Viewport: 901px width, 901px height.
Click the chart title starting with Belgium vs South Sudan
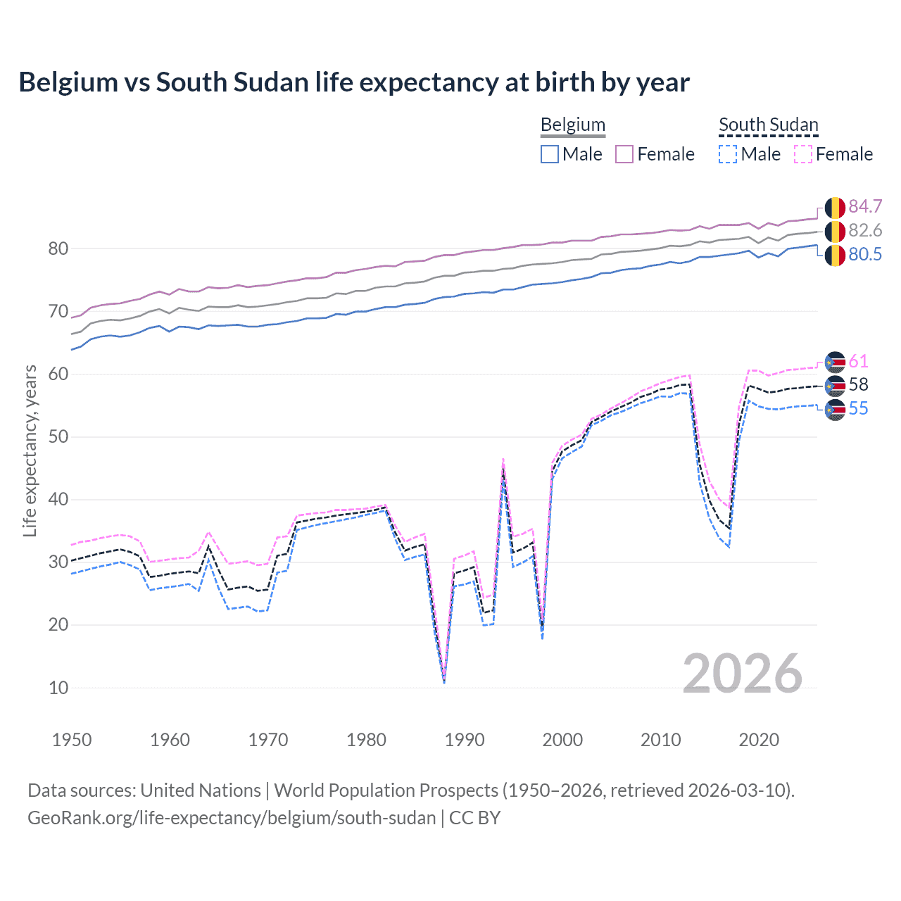tap(354, 82)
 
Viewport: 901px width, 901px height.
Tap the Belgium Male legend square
tap(550, 154)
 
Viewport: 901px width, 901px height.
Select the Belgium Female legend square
tap(624, 154)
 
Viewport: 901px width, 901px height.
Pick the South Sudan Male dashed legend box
tap(728, 154)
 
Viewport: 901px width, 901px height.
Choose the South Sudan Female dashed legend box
tap(803, 154)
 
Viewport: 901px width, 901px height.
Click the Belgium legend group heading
tap(572, 125)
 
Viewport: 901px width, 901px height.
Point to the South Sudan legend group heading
tap(768, 125)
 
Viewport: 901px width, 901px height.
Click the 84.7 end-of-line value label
tap(865, 206)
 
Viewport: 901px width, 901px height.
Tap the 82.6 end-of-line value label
tap(865, 230)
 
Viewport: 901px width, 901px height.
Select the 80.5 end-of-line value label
tap(865, 254)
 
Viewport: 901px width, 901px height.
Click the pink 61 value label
tap(858, 361)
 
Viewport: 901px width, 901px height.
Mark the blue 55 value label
tap(858, 408)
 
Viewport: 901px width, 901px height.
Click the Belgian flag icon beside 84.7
tap(835, 208)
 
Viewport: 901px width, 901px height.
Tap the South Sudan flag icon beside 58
tap(835, 386)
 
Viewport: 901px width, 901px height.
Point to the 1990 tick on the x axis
tap(465, 740)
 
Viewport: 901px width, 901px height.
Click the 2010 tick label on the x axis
tap(660, 740)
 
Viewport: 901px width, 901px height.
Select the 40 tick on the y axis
tap(58, 500)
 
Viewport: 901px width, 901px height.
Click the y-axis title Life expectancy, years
tap(30, 450)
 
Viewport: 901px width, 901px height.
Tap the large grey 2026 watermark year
tap(742, 674)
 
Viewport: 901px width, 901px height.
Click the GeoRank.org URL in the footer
tap(232, 818)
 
